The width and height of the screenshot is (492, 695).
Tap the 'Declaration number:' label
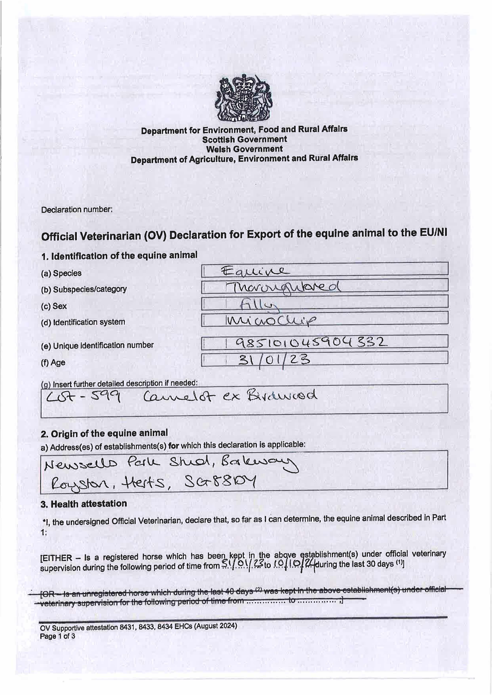77,209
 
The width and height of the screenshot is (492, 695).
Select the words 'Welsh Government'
244,149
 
